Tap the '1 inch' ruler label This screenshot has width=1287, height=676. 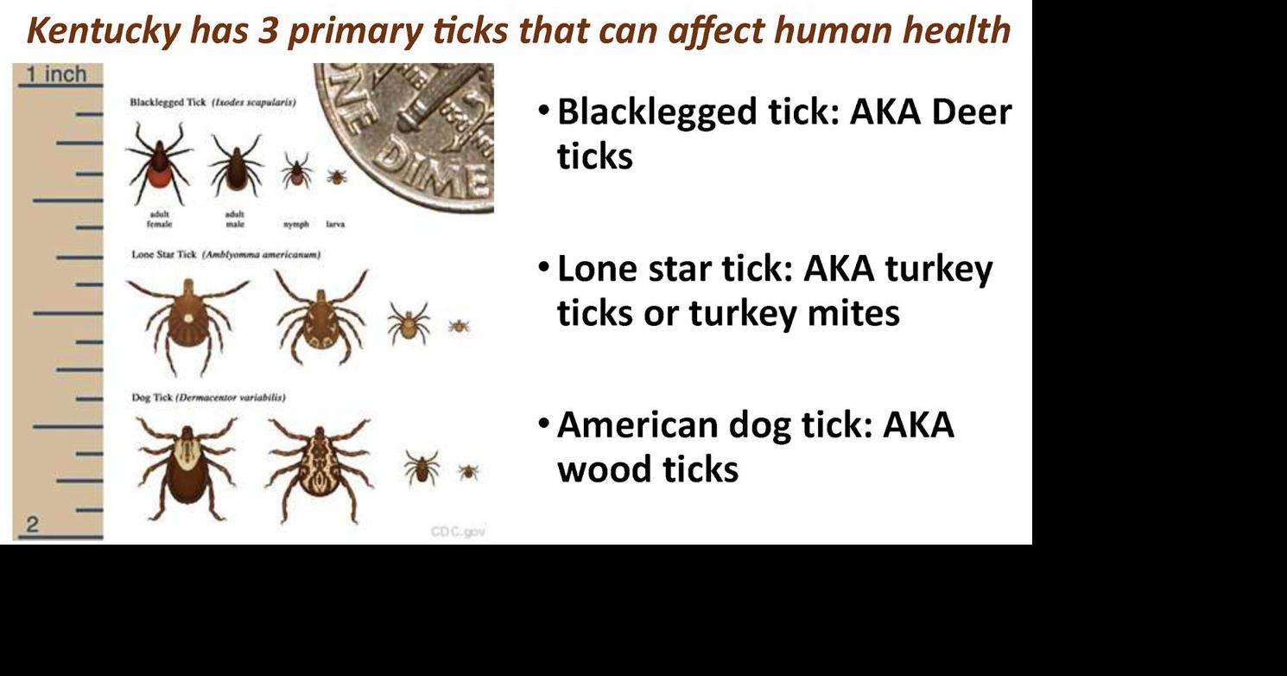(x=55, y=74)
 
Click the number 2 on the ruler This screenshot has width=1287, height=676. (x=33, y=523)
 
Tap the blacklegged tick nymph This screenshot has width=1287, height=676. (x=296, y=171)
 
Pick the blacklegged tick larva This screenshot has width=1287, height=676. (x=336, y=177)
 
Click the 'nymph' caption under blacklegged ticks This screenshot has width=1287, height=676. (x=296, y=224)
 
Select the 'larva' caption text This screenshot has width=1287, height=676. (x=336, y=224)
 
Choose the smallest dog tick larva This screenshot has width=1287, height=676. (x=468, y=471)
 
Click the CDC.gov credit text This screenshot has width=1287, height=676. (x=458, y=532)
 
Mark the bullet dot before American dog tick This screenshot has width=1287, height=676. (x=542, y=424)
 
